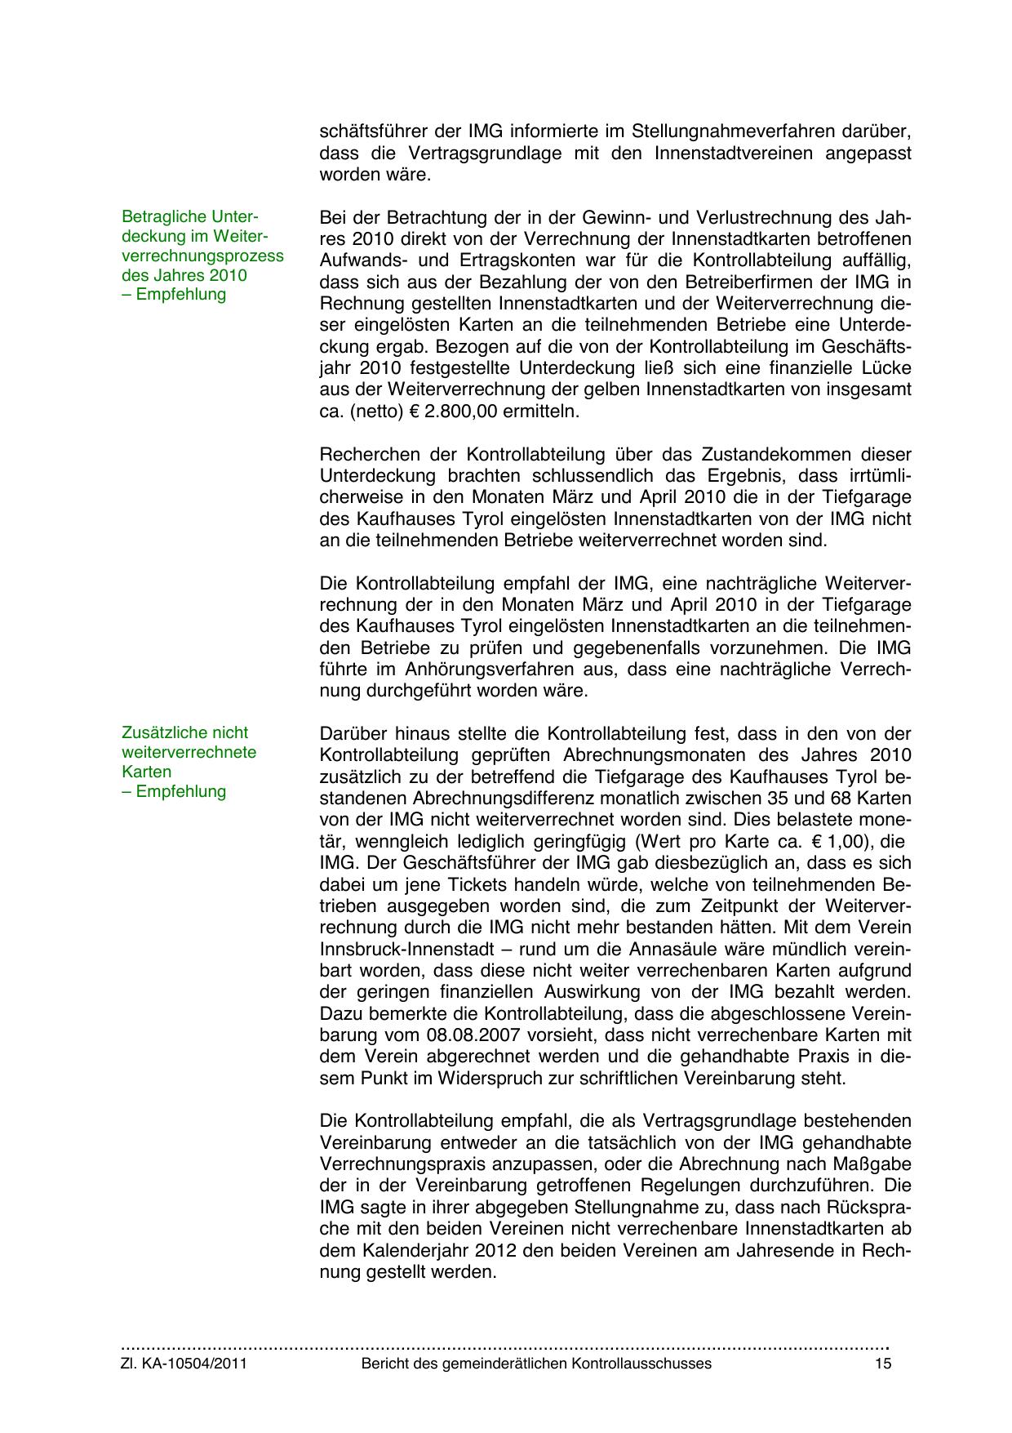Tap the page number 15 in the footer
pyautogui.click(x=882, y=1364)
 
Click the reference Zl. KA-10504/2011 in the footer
pyautogui.click(x=184, y=1364)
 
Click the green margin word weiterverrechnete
pyautogui.click(x=189, y=752)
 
